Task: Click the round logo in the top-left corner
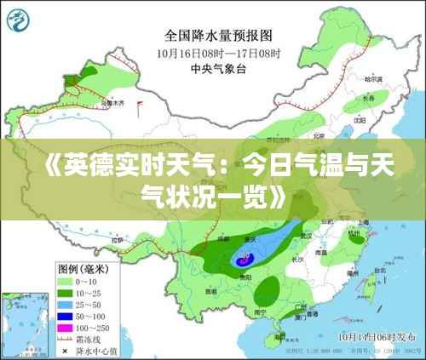20,20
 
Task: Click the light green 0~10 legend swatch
67,281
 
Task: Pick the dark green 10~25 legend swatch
67,292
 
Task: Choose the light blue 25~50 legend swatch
67,303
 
